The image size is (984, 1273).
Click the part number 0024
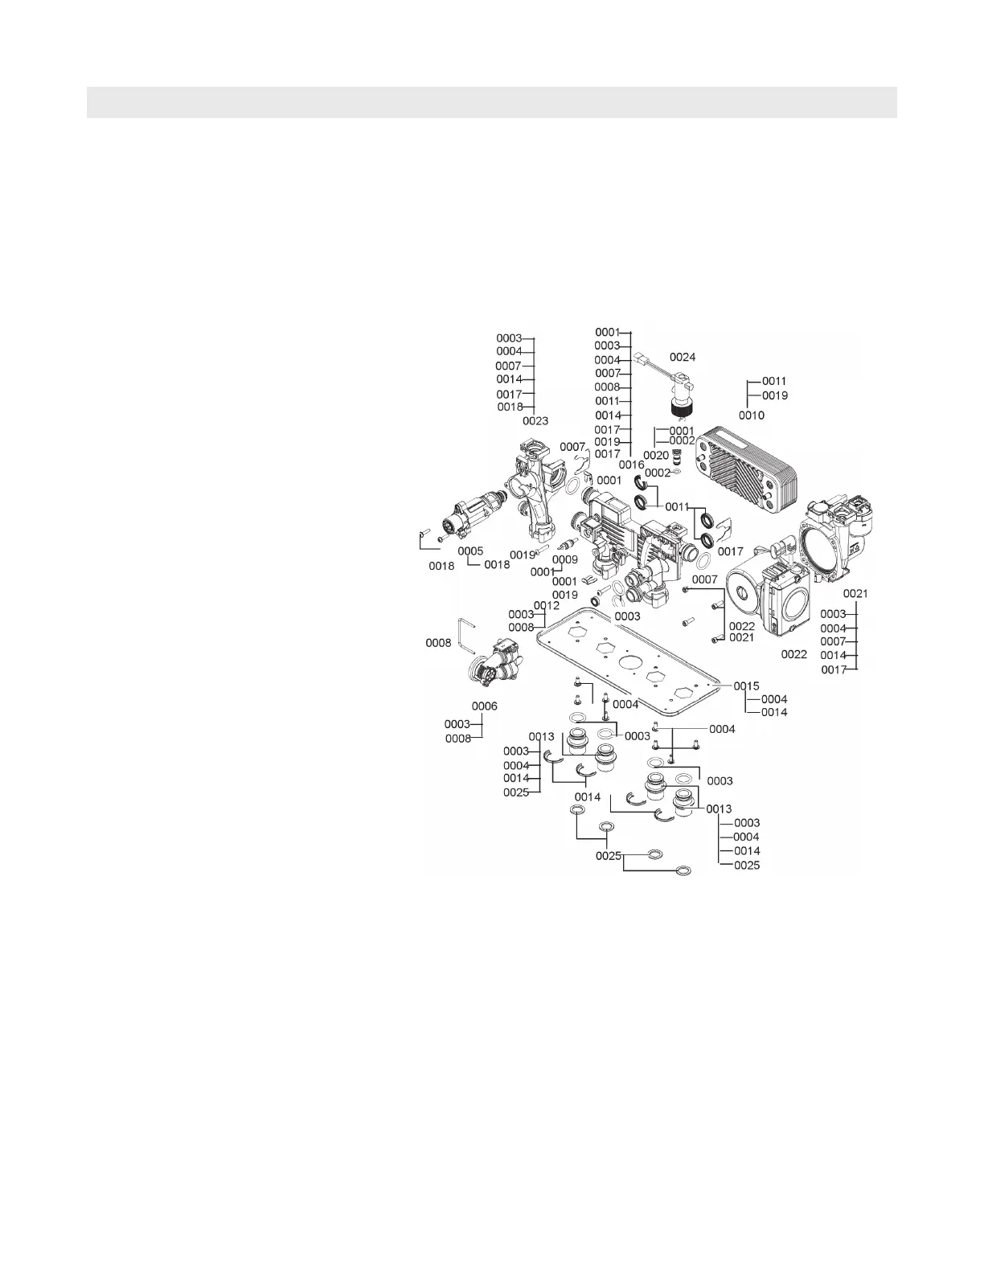683,357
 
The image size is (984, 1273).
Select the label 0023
535,420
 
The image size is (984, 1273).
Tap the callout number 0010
752,415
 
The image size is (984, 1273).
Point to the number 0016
631,465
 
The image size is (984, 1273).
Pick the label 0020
655,456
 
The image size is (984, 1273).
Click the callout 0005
471,551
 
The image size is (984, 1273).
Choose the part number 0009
564,559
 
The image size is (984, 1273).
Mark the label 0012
546,605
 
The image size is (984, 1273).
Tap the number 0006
485,706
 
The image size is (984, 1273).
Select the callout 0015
746,686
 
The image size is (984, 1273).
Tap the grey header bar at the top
491,102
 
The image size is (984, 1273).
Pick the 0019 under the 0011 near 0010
775,395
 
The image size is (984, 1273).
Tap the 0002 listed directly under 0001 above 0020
682,441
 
